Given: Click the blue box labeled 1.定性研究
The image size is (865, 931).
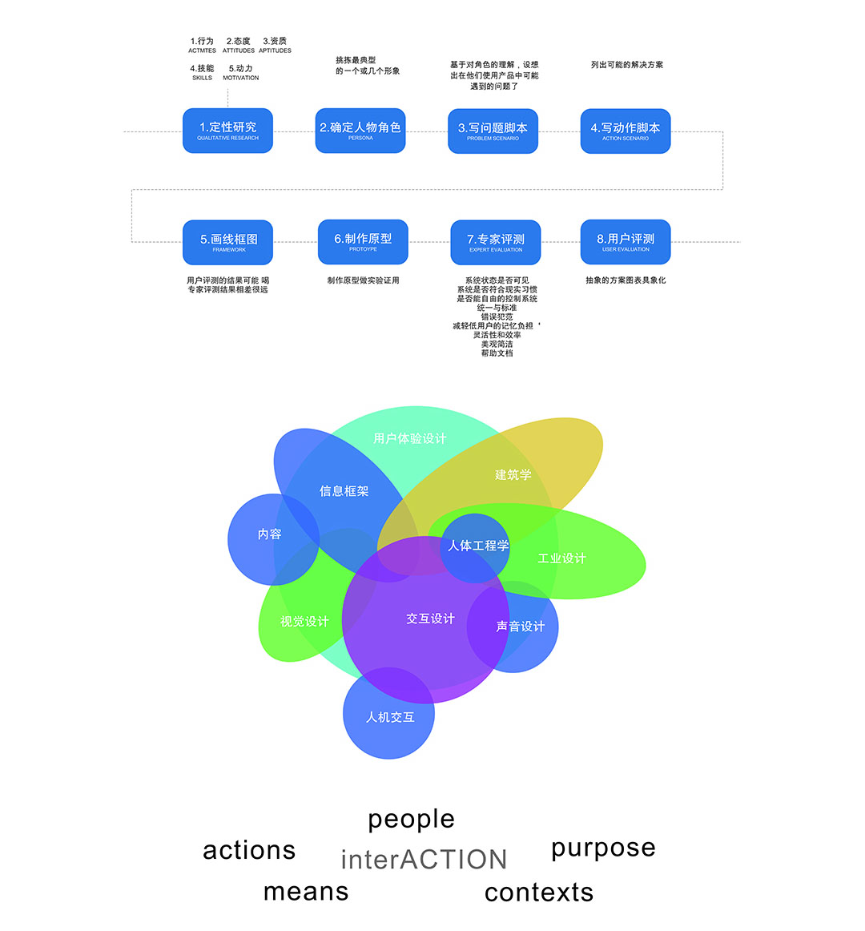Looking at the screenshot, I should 227,131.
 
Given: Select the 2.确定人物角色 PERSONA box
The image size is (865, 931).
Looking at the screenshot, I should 360,131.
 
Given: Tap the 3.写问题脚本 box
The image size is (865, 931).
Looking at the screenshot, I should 493,131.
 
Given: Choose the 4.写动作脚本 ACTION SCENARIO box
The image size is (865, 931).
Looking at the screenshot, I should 625,131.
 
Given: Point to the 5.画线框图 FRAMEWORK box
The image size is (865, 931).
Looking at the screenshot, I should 228,242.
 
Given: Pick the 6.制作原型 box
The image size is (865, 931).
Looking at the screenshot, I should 363,242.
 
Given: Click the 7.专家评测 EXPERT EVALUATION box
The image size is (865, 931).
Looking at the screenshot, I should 496,242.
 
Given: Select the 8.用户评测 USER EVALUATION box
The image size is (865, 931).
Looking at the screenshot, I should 626,242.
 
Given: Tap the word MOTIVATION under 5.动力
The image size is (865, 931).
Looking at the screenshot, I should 241,79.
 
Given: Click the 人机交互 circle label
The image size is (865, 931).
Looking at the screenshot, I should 390,717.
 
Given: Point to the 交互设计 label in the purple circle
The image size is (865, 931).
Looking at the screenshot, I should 430,619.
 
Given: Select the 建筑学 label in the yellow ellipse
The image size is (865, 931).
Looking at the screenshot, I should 513,474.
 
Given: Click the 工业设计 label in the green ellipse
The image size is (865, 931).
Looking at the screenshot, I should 561,558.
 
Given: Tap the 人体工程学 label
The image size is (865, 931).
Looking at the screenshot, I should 478,546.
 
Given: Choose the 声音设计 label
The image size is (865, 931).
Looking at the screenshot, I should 520,627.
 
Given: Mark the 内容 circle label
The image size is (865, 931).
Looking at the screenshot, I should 270,534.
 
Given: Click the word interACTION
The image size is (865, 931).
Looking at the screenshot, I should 424,860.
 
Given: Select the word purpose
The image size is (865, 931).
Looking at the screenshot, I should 603,848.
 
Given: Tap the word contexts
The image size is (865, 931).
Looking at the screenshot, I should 539,892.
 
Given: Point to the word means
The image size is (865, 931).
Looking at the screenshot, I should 306,891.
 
